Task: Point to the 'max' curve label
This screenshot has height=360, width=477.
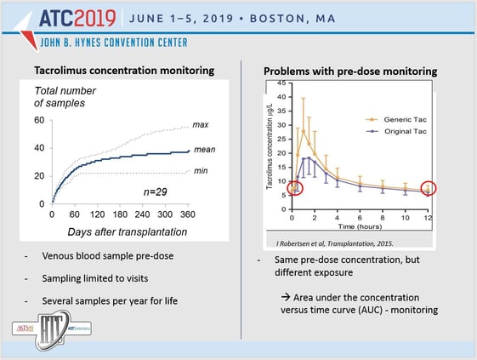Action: click(201, 126)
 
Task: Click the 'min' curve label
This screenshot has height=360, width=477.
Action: click(200, 173)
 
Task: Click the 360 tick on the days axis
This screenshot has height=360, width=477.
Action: click(189, 213)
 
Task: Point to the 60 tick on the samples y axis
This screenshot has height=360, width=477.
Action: click(39, 120)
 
